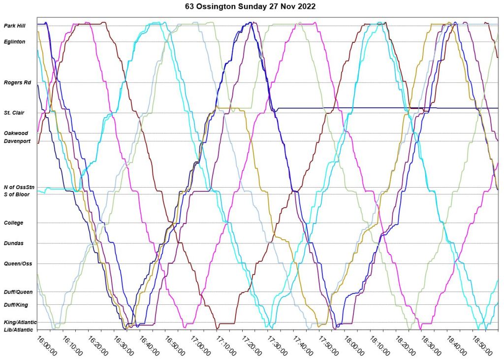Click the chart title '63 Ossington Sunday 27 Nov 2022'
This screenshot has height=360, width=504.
tap(252, 7)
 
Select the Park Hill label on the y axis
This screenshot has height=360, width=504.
tap(14, 26)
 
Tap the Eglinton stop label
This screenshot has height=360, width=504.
tap(14, 42)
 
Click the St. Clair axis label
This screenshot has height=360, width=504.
tap(14, 113)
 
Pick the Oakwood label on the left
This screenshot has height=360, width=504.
tap(16, 133)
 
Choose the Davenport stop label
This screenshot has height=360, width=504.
tap(17, 141)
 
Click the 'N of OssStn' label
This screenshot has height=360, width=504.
tap(19, 187)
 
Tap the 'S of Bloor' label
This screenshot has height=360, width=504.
tap(17, 195)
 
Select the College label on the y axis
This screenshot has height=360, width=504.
tap(13, 223)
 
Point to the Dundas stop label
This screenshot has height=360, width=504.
tap(13, 243)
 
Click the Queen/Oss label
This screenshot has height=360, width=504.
tap(18, 263)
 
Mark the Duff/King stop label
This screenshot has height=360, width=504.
tap(16, 305)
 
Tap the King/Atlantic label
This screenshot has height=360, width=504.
tap(20, 322)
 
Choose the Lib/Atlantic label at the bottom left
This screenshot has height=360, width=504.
tap(18, 329)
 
